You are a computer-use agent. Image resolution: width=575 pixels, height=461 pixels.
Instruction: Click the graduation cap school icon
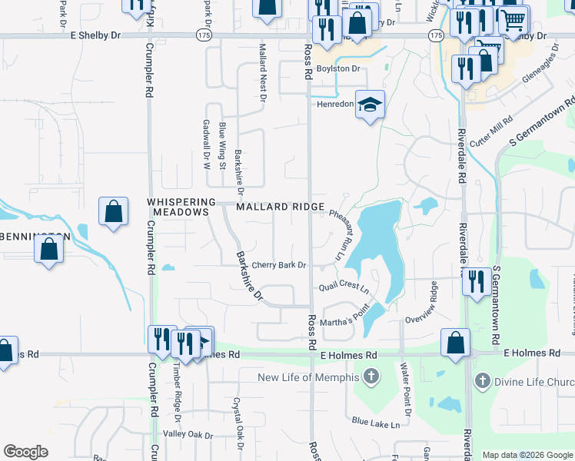tap(370, 105)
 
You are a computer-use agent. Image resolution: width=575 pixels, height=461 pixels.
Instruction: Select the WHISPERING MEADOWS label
tap(178, 206)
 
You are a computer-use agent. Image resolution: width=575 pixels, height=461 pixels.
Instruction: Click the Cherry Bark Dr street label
tap(279, 265)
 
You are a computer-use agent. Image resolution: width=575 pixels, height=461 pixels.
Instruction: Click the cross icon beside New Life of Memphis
tap(371, 376)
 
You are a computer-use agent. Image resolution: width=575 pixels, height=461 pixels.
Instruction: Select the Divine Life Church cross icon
tap(482, 380)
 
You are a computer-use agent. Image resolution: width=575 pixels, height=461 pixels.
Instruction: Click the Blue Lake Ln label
tap(377, 422)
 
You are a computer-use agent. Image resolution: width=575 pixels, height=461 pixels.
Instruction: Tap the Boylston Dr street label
tap(338, 68)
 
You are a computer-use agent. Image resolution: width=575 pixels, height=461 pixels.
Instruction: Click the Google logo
tap(25, 452)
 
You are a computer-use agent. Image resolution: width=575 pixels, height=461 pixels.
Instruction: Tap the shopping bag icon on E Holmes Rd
tap(455, 340)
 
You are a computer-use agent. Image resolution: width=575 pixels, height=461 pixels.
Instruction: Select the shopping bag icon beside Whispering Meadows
tap(113, 211)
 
